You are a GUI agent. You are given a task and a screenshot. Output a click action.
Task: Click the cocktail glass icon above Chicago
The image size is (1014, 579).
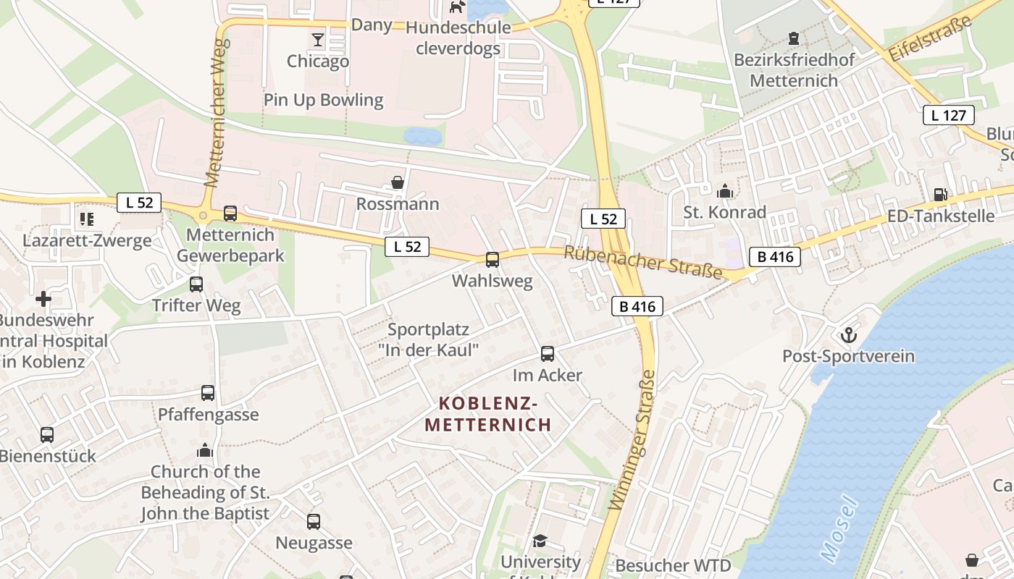[317, 39]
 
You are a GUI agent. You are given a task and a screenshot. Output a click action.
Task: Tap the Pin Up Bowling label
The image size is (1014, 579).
[323, 100]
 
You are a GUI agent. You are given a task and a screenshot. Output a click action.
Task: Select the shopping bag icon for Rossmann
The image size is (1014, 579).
[398, 182]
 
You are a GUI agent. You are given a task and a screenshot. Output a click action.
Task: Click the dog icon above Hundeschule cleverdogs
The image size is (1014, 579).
[456, 7]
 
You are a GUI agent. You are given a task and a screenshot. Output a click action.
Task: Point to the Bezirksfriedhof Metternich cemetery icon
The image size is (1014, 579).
[794, 38]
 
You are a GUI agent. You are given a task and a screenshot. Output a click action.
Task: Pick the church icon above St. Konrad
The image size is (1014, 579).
[724, 191]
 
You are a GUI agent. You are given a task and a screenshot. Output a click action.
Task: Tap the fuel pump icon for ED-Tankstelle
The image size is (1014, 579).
[940, 194]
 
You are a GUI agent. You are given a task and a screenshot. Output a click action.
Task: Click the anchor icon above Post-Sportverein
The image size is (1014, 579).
[847, 335]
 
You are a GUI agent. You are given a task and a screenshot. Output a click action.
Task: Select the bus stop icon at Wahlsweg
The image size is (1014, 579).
[493, 259]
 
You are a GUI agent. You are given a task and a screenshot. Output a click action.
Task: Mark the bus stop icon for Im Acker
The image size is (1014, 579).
[548, 354]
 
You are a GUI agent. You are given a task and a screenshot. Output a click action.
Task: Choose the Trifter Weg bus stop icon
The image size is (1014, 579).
[196, 284]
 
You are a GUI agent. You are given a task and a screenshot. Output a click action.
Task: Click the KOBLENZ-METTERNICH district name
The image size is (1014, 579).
[487, 413]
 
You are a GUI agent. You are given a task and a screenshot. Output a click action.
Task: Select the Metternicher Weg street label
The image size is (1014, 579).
[217, 112]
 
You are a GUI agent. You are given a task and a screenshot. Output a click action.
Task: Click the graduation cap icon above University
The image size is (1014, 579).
[540, 541]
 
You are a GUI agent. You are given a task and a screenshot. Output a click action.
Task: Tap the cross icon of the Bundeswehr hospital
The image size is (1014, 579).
[43, 298]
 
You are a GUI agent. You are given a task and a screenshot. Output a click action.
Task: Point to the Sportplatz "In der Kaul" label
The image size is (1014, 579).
[429, 339]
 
